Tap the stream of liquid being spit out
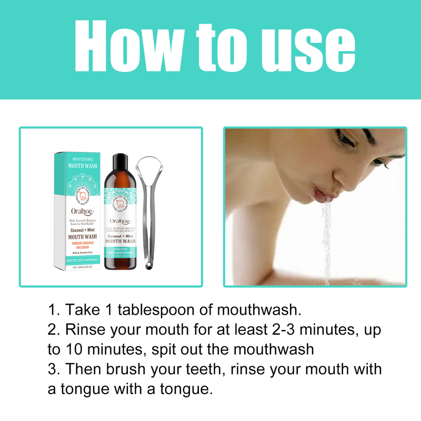point(327,237)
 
